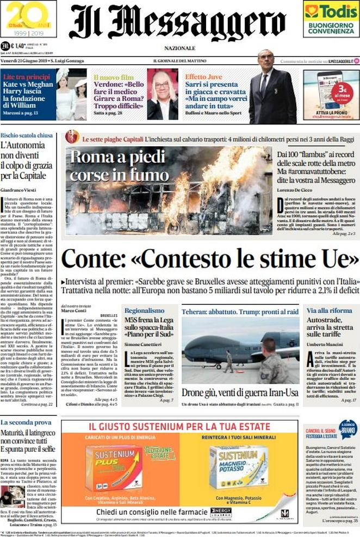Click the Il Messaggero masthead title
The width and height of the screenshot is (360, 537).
pyautogui.click(x=177, y=22)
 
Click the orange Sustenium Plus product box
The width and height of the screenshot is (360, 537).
pyautogui.click(x=114, y=466)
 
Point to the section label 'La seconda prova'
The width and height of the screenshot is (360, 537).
pyautogui.click(x=26, y=422)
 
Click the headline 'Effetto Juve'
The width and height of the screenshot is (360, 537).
pyautogui.click(x=202, y=77)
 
